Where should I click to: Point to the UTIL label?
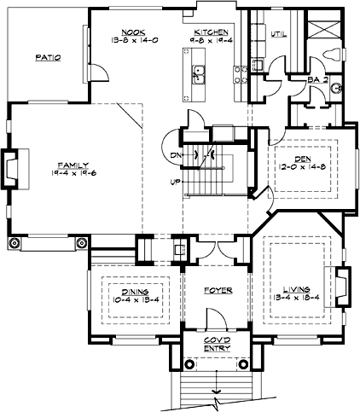tap(277, 35)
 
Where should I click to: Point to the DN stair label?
tap(174, 155)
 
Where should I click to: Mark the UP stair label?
tap(175, 182)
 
